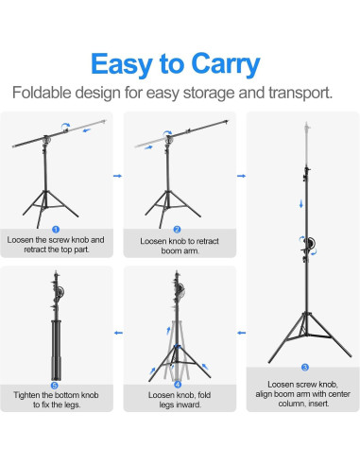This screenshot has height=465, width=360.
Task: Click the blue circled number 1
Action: point(55,229)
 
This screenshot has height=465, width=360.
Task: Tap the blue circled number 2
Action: point(178,229)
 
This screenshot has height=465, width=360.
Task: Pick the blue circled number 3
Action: point(304,366)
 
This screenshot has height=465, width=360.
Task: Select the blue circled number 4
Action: point(178,384)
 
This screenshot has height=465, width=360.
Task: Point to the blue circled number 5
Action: point(55,384)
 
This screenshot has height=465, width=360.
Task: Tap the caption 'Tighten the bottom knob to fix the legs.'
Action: point(56,400)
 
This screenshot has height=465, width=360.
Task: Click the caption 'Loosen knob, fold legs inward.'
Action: point(179,400)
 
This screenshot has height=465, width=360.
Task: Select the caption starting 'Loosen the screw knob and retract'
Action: point(56,246)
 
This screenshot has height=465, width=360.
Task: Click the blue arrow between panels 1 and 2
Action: point(117,176)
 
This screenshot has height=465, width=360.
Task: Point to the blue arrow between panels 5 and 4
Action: point(117,333)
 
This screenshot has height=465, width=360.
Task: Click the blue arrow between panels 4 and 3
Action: point(238,333)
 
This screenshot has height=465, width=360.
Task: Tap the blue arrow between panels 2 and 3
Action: point(238,176)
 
